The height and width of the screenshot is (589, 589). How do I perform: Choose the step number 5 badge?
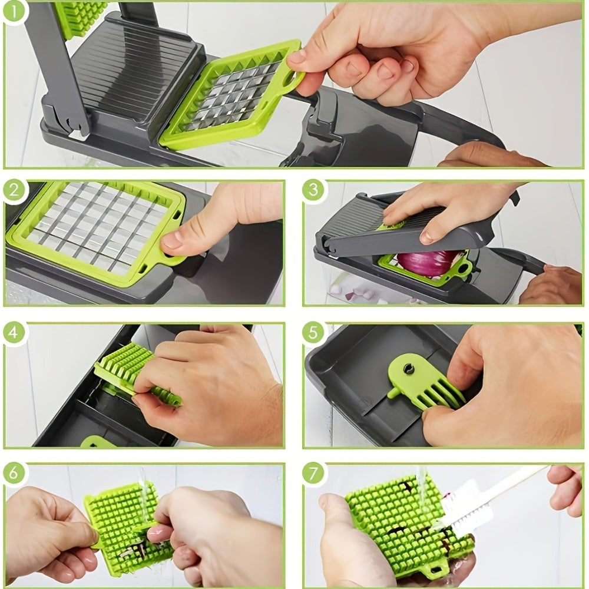[x=314, y=333]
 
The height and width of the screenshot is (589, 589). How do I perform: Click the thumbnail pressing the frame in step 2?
[x=172, y=240]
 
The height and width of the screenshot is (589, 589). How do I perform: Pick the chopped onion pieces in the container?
[x=353, y=292]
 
